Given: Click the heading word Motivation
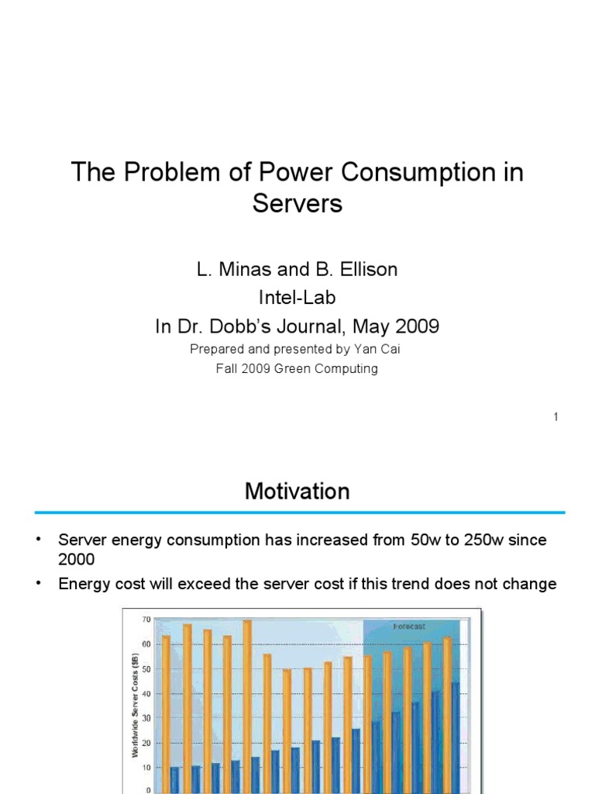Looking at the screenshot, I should pyautogui.click(x=297, y=492).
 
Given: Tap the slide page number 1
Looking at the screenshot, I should pyautogui.click(x=555, y=417).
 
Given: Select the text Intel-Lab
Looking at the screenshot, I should pyautogui.click(x=297, y=299).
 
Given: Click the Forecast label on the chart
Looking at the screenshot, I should pyautogui.click(x=408, y=626).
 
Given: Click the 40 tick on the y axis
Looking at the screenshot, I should pyautogui.click(x=146, y=694).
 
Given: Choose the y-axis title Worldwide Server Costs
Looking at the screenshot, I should pyautogui.click(x=134, y=704).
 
